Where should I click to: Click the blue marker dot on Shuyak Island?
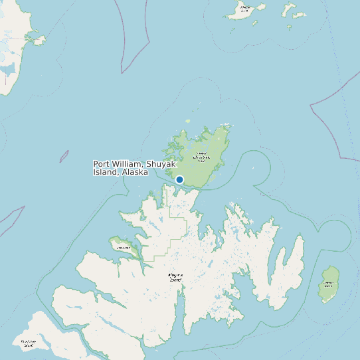pyautogui.click(x=179, y=179)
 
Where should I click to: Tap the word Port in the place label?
pyautogui.click(x=102, y=164)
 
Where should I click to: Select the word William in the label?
pyautogui.click(x=126, y=164)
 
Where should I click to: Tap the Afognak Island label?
pyautogui.click(x=175, y=276)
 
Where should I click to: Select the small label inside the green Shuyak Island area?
pyautogui.click(x=200, y=157)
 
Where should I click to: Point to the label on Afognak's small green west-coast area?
pyautogui.click(x=123, y=248)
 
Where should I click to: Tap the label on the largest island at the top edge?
pyautogui.click(x=245, y=9)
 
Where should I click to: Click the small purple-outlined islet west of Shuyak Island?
pyautogui.click(x=64, y=157)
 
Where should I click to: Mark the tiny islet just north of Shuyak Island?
pyautogui.click(x=187, y=121)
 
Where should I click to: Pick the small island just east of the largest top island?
pyautogui.click(x=289, y=9)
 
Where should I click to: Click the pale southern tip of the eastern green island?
pyautogui.click(x=326, y=300)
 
